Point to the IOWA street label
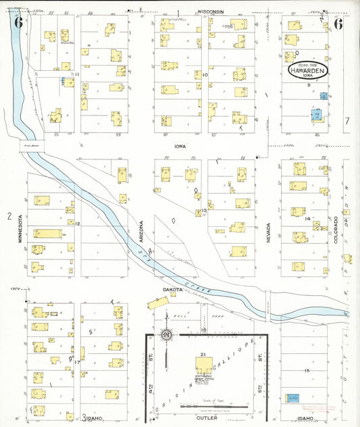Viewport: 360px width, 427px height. click(180, 145)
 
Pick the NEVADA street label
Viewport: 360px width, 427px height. click(268, 232)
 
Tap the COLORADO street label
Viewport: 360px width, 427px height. click(336, 230)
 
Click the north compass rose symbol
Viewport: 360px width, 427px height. click(165, 334)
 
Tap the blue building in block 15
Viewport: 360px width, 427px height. click(292, 399)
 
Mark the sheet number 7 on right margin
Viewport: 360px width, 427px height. click(346, 121)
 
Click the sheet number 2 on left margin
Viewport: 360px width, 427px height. click(9, 216)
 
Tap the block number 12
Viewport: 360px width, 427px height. click(78, 224)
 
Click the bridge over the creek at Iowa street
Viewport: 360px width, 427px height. click(32, 145)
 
